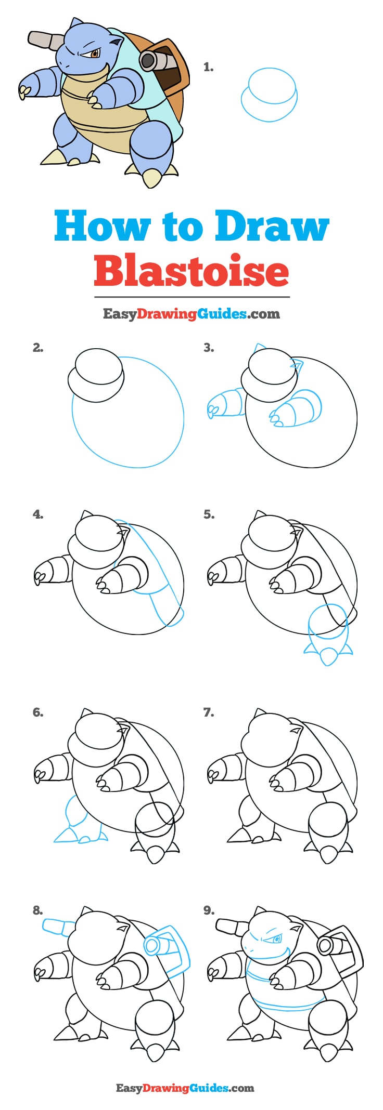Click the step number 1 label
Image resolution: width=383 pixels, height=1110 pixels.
[208, 67]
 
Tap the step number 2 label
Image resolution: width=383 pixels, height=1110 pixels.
[37, 348]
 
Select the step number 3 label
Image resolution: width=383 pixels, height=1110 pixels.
[208, 348]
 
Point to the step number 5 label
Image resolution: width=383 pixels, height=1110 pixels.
[208, 514]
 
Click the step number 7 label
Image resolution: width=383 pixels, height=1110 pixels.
[208, 712]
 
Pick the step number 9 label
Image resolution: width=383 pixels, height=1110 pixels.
[208, 910]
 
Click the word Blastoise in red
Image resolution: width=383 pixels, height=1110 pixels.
[191, 270]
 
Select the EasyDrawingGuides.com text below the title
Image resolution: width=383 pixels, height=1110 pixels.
[191, 313]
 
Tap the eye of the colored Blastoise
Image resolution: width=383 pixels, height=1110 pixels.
[95, 53]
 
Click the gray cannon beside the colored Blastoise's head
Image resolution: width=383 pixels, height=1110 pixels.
[44, 39]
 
